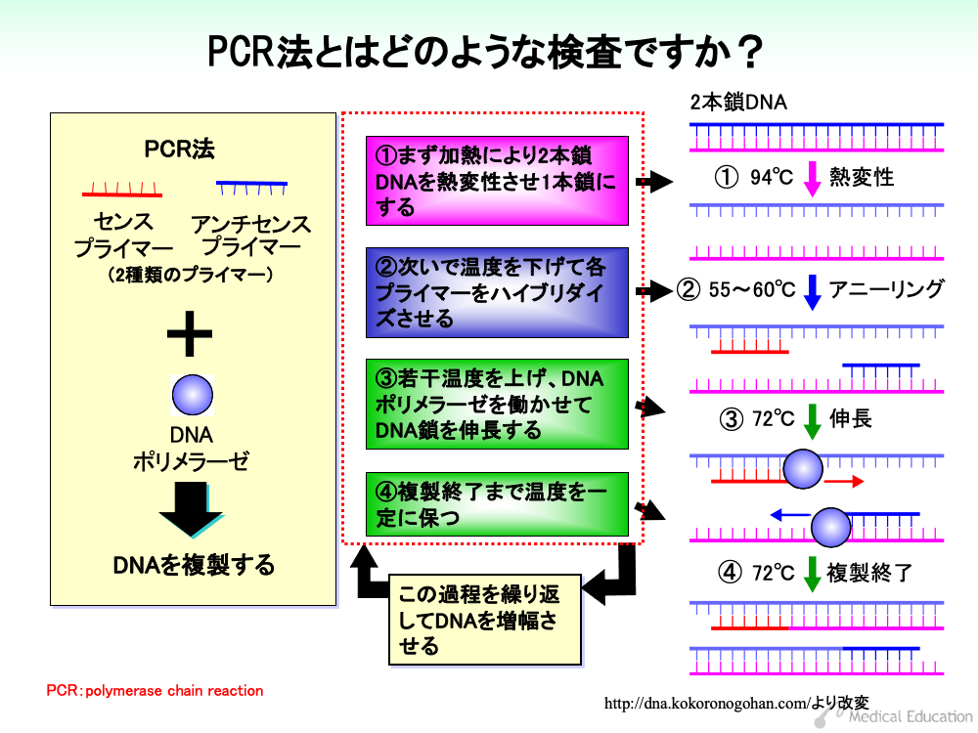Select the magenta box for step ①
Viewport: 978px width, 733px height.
(497, 181)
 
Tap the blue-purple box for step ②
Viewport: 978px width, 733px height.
(497, 292)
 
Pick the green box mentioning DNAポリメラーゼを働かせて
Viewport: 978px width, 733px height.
(497, 404)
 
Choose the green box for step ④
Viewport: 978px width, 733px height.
(497, 504)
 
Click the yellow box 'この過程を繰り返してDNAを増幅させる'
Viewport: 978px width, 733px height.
(485, 620)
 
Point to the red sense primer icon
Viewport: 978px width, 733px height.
(122, 190)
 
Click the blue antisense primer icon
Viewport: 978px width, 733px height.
(251, 187)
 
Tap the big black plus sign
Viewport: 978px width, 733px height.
(190, 333)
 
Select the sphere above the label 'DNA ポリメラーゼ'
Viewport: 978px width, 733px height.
(192, 395)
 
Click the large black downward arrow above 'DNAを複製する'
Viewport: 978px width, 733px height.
(191, 509)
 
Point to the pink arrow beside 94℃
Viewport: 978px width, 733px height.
(812, 179)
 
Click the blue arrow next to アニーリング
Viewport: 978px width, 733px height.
(812, 292)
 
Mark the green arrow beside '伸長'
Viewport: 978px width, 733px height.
(812, 421)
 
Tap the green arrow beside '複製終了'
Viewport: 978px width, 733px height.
(812, 574)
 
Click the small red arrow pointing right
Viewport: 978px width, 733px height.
(844, 481)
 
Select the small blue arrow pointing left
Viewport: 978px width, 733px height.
(790, 515)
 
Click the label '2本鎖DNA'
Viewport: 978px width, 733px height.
(737, 103)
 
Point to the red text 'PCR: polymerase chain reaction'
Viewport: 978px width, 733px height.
(155, 691)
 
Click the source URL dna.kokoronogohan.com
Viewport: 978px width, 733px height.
(706, 704)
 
